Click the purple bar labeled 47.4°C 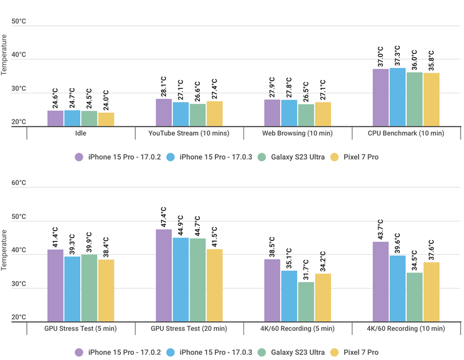tap(164, 275)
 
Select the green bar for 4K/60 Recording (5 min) tap(306, 302)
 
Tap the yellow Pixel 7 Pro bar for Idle tap(106, 119)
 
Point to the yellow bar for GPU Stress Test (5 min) tap(106, 291)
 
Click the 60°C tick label tap(19, 183)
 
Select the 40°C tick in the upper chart tap(19, 55)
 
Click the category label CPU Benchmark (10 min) tap(406, 133)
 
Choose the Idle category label tap(80, 133)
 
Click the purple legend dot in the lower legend tap(78, 353)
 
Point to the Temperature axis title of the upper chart tap(5, 55)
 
